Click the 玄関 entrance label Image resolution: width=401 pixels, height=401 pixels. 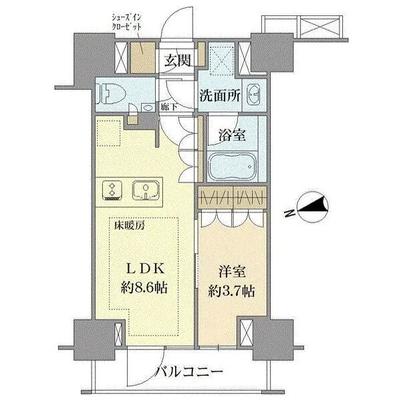179,60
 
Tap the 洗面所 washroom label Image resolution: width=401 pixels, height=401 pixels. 221,96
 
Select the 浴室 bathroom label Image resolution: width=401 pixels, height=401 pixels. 232,134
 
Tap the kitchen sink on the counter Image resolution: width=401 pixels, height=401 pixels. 145,190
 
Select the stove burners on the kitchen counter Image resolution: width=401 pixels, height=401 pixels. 111,190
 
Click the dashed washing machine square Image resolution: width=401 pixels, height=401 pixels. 221,58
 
